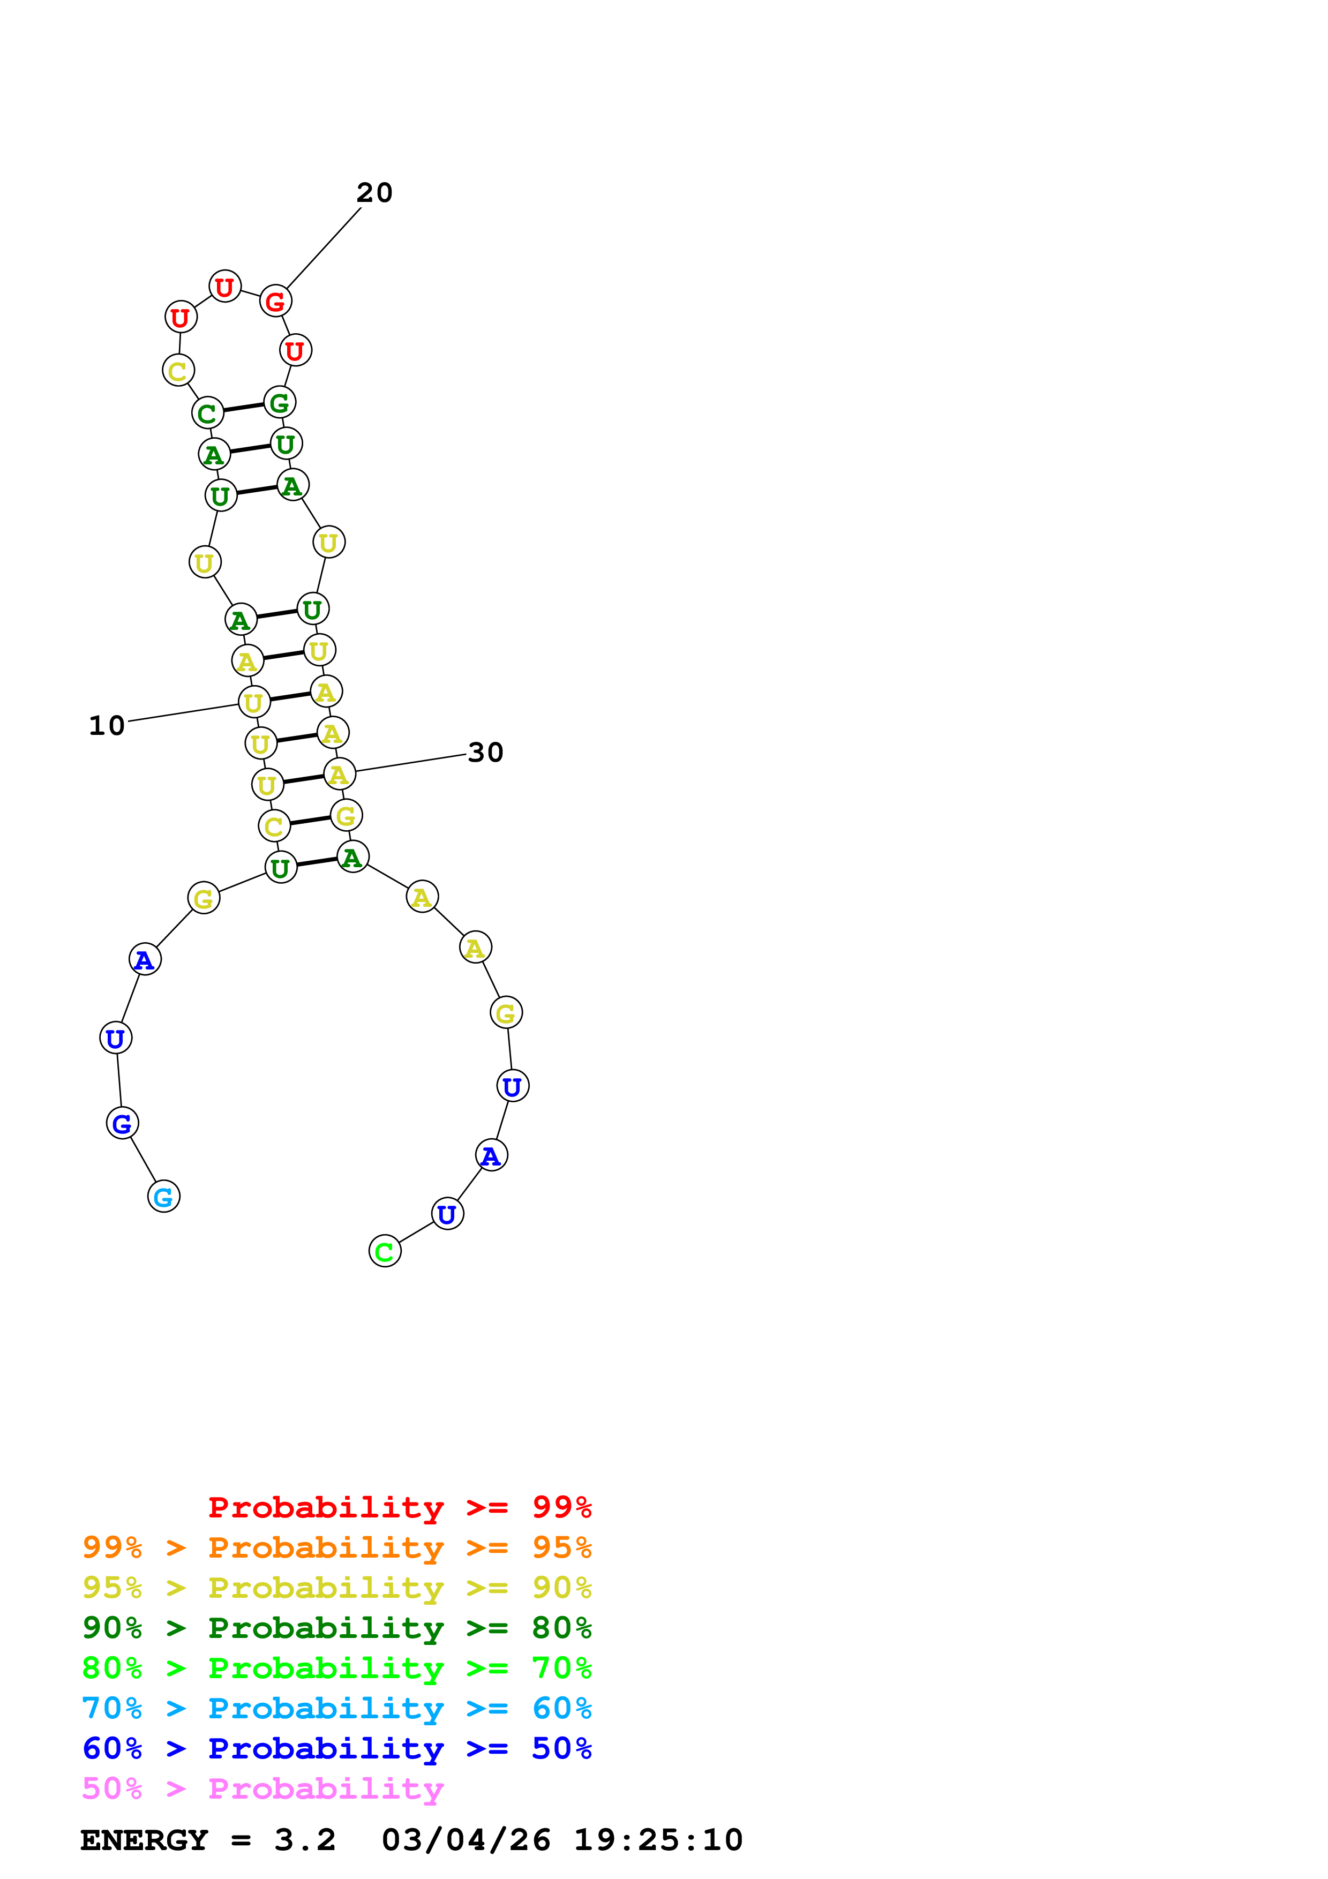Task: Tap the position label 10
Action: tap(107, 726)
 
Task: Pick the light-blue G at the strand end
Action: tap(163, 1197)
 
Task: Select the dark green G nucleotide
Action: tap(280, 403)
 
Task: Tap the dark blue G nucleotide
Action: tap(122, 1124)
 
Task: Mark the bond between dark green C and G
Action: tap(244, 408)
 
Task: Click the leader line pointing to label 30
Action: tap(411, 763)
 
